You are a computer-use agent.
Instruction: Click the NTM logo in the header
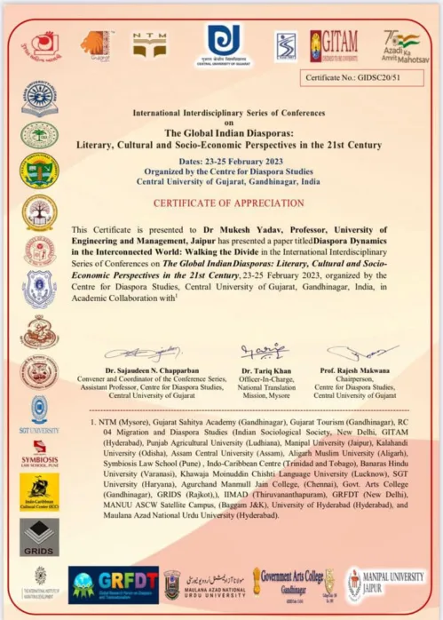149,44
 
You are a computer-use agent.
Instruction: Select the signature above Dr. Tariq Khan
264,352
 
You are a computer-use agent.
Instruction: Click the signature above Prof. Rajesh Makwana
362,353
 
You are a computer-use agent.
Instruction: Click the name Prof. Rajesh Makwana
362,370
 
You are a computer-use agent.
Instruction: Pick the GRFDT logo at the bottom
114,584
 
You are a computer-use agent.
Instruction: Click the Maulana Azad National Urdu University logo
203,584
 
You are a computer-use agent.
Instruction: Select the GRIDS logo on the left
39,536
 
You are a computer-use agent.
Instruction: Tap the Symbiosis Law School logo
39,450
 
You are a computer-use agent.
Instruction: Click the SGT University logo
39,415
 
